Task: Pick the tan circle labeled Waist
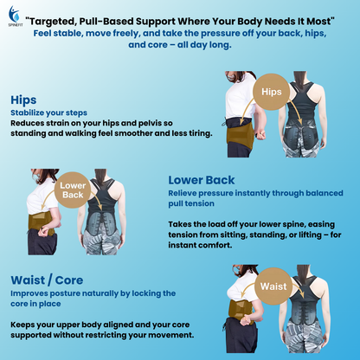click(x=273, y=285)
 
